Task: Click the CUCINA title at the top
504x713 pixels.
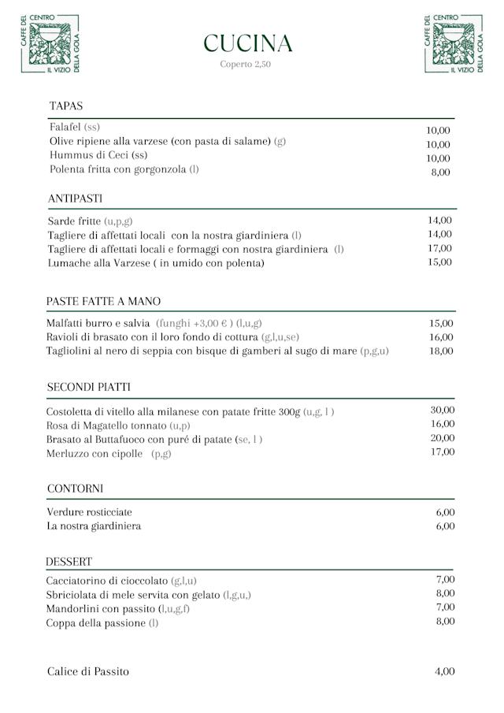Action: (x=248, y=43)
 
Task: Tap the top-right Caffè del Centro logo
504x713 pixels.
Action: (x=453, y=44)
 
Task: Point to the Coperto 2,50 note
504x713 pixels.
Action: (x=246, y=65)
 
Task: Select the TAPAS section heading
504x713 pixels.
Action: (x=66, y=106)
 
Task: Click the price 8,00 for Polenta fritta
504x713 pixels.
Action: (x=440, y=172)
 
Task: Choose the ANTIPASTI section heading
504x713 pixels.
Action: (x=75, y=198)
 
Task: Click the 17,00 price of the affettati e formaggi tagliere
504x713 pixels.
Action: (x=439, y=248)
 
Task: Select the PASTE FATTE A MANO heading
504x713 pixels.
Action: (x=103, y=302)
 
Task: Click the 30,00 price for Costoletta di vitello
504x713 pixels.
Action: (x=443, y=410)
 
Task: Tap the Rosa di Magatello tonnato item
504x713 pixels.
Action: (x=118, y=425)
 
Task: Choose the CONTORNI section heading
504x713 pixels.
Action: (x=75, y=489)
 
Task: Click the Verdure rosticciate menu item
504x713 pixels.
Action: (x=90, y=512)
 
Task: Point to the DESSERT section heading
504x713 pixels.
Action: (x=69, y=562)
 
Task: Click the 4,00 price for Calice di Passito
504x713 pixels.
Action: (x=445, y=671)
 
